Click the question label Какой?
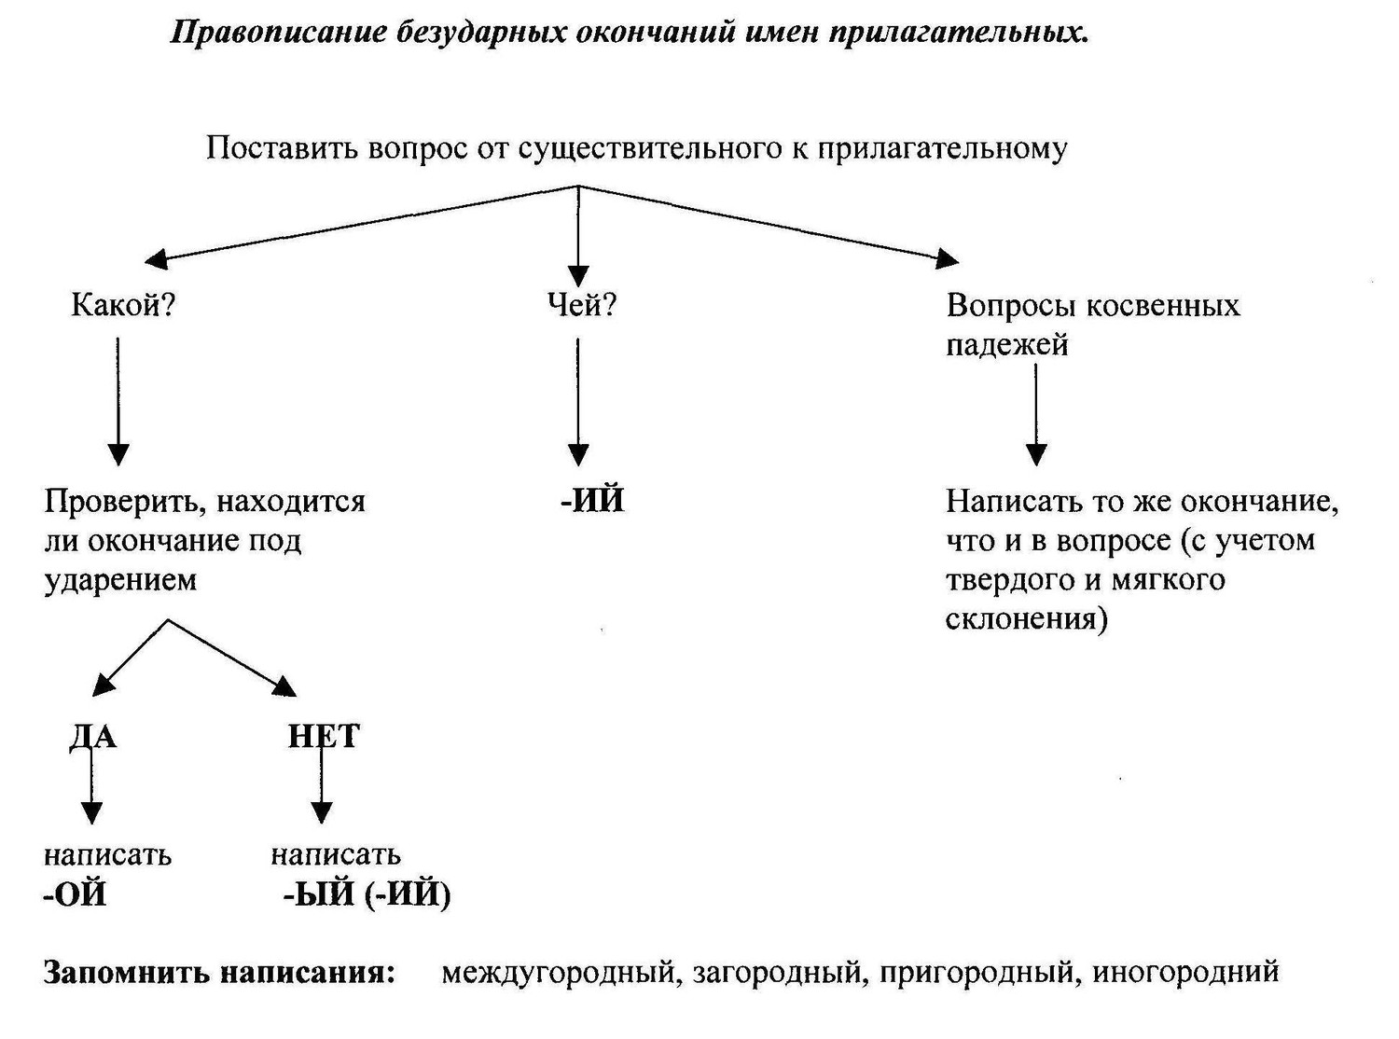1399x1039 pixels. [x=122, y=305]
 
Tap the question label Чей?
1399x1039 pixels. [x=581, y=305]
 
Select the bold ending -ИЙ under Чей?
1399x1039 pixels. [x=592, y=501]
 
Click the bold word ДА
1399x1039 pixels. [x=92, y=736]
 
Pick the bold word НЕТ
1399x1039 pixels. [x=324, y=736]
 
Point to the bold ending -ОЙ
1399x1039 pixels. [x=75, y=894]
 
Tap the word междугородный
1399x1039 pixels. [x=559, y=972]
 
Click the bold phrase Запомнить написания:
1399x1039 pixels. [x=219, y=973]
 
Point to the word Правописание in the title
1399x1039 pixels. [x=278, y=33]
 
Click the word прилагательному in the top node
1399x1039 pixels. [x=942, y=150]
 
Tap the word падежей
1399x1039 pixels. [x=1006, y=346]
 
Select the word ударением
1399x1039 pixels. [x=119, y=580]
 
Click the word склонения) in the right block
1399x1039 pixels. [x=1026, y=619]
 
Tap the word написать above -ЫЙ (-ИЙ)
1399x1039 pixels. [x=336, y=855]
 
